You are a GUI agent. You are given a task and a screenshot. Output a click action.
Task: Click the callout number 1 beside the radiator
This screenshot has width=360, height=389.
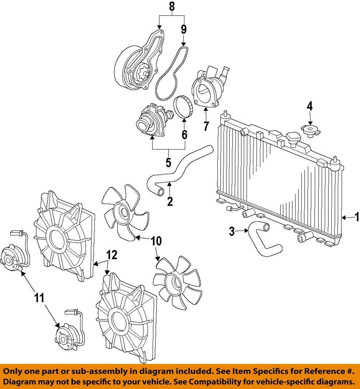pyautogui.click(x=356, y=218)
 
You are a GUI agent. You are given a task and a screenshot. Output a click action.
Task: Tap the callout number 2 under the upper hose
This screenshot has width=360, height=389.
pyautogui.click(x=170, y=201)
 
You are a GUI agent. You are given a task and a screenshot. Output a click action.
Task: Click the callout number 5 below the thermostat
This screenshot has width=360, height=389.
pyautogui.click(x=168, y=162)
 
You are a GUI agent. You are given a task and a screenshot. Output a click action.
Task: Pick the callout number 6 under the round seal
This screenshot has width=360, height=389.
pyautogui.click(x=185, y=135)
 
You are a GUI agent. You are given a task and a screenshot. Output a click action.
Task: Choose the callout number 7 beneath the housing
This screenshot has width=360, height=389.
pyautogui.click(x=206, y=126)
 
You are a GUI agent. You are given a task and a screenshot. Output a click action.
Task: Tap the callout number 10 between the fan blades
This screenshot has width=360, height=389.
pyautogui.click(x=156, y=241)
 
